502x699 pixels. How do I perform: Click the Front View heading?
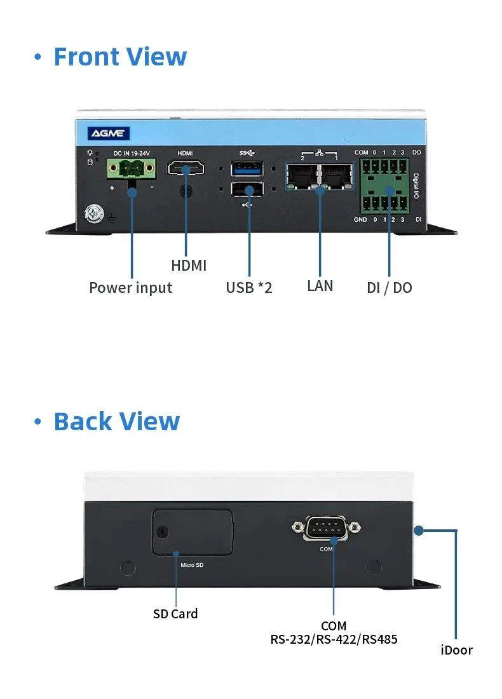coord(119,57)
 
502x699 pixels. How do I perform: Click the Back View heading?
coord(116,421)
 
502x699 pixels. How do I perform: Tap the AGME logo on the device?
coord(109,133)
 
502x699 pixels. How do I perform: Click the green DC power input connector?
coord(132,170)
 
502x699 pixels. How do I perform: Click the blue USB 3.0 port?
coord(247,169)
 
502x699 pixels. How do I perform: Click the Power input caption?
coord(130,288)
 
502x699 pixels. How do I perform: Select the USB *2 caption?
coord(248,288)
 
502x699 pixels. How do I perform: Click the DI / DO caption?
coord(389,288)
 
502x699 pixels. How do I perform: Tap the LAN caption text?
coord(320,286)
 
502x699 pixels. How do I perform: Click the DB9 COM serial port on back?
coord(327,527)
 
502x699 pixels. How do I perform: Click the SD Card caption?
coord(175,614)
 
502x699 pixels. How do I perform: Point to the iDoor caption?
coord(457,650)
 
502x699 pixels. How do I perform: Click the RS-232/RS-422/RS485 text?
coord(334,639)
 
